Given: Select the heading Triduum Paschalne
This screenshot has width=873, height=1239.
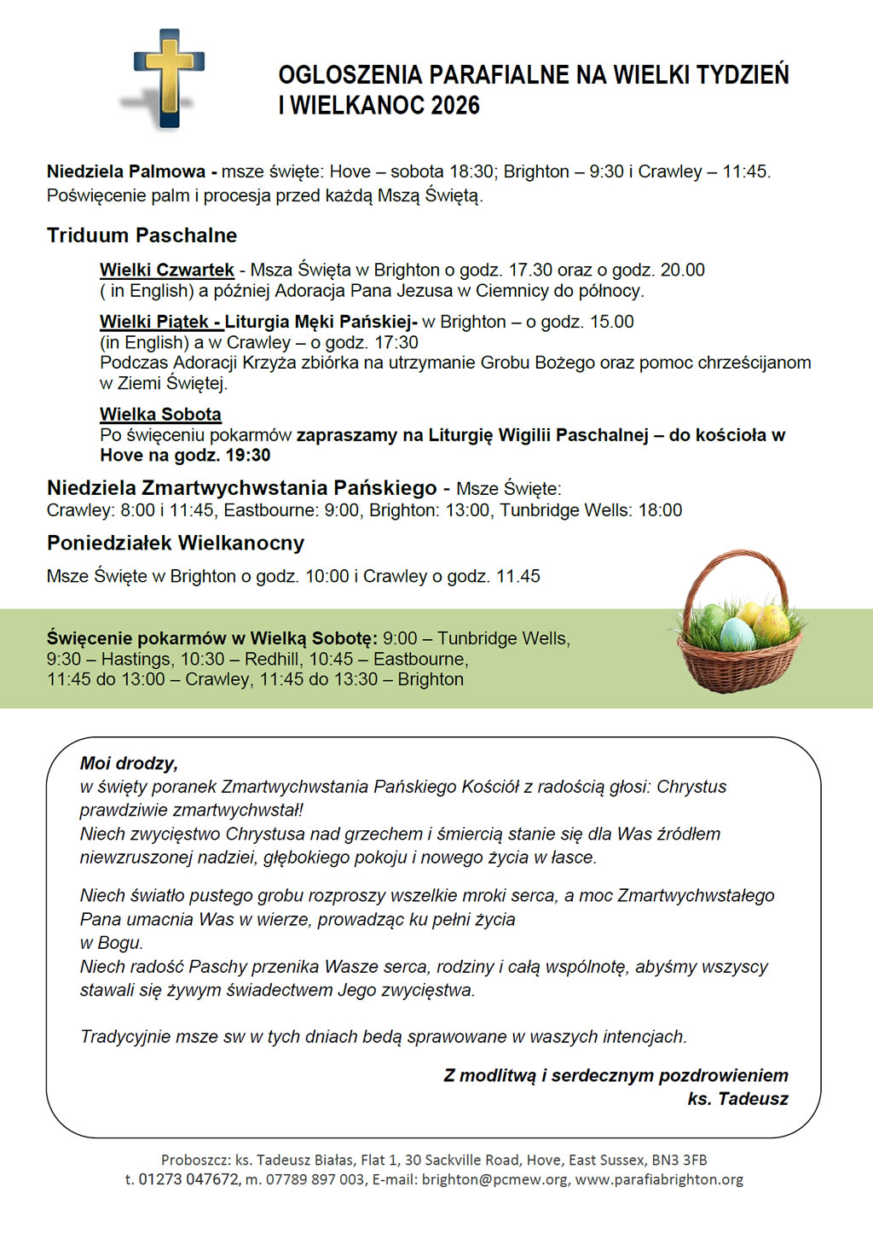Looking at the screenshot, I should (x=142, y=236).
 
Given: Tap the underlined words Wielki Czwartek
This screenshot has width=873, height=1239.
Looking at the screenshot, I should (x=166, y=270).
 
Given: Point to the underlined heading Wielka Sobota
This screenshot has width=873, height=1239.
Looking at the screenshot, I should (x=160, y=415).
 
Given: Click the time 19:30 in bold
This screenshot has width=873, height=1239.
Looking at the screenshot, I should (x=248, y=456).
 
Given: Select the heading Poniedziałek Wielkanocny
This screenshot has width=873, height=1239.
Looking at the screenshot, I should (x=175, y=544).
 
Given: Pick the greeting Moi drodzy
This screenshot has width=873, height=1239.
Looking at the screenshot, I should (x=129, y=764).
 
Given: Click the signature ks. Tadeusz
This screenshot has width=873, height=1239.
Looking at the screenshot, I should (x=737, y=1099).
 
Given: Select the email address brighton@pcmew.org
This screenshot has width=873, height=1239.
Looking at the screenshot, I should (x=494, y=1179).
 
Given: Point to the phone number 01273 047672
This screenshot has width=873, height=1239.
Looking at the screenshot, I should (x=188, y=1179).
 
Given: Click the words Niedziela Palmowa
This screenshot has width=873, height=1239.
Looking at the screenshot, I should (x=125, y=172).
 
